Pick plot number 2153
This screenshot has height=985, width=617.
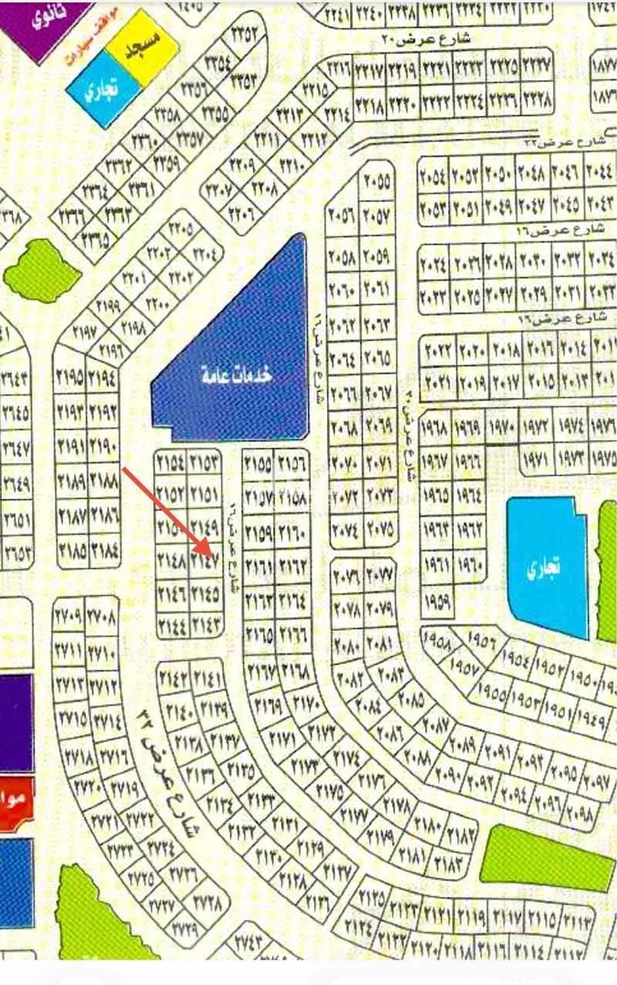point(205,464)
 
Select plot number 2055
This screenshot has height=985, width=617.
point(377,183)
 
